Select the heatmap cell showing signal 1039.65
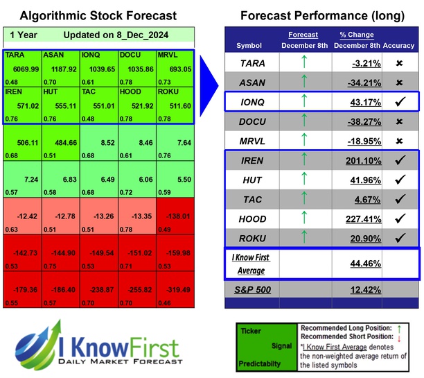pyautogui.click(x=98, y=67)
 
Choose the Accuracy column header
pyautogui.click(x=398, y=46)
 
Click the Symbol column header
pyautogui.click(x=249, y=46)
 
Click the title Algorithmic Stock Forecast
pyautogui.click(x=98, y=15)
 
